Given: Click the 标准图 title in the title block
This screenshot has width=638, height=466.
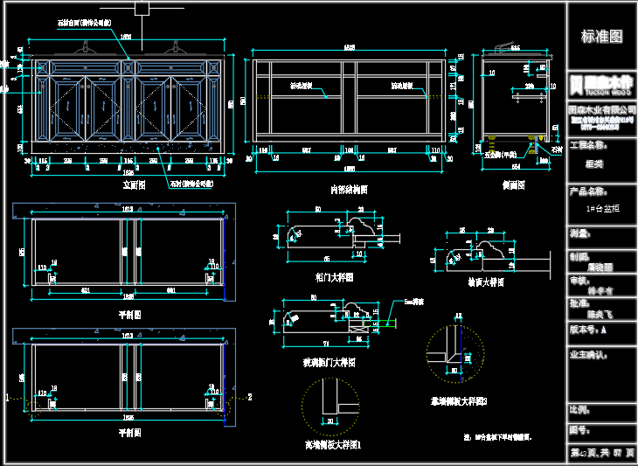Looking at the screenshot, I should (x=602, y=37).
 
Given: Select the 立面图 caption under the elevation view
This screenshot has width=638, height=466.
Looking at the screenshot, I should (x=134, y=186).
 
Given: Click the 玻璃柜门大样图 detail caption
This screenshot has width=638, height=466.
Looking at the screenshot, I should (x=329, y=361).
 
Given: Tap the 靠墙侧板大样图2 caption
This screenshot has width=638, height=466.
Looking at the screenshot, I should (x=458, y=401).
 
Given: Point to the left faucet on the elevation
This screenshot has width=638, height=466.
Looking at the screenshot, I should (x=87, y=48).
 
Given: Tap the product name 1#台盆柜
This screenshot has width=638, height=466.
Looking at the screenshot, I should (x=602, y=210).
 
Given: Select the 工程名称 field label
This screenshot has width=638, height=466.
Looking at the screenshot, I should (x=587, y=145).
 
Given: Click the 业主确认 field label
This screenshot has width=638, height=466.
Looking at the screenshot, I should (x=587, y=355).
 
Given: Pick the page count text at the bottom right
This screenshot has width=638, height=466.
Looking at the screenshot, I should (x=602, y=453).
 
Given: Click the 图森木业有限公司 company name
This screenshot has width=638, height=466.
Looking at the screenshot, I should (x=602, y=108).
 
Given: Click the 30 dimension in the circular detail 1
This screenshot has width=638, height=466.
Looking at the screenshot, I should (x=330, y=422).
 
